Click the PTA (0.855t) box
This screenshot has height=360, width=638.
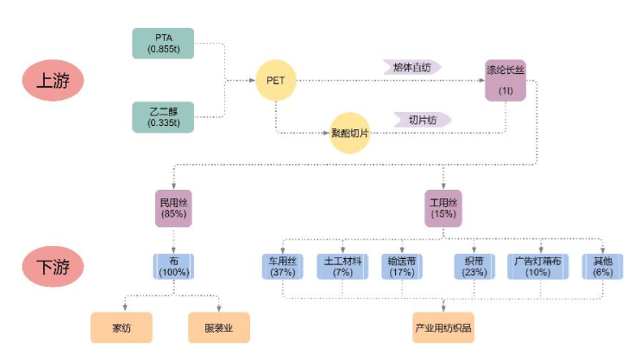click(x=163, y=43)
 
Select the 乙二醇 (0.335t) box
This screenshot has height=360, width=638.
click(x=163, y=117)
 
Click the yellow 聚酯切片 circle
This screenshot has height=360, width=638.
click(x=350, y=133)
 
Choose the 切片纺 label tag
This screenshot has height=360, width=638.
click(x=421, y=120)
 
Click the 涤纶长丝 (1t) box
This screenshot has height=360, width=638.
click(x=505, y=80)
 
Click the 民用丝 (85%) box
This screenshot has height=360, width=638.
click(x=173, y=208)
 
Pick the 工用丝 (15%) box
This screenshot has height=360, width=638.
click(x=443, y=208)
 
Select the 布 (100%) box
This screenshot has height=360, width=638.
click(x=173, y=267)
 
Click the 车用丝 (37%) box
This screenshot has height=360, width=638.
click(x=282, y=267)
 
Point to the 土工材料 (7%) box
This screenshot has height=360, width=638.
click(x=343, y=267)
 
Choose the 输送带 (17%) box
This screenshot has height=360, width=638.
click(x=402, y=267)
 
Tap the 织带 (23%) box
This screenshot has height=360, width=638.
click(x=474, y=267)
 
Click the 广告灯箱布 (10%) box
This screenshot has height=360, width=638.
click(x=538, y=267)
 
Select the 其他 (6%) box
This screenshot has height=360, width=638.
click(x=602, y=267)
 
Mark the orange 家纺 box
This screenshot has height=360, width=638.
click(x=121, y=328)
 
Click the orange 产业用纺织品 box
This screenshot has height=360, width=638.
click(x=443, y=328)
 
